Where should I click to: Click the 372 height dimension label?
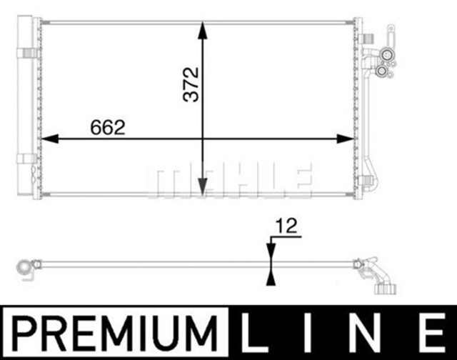coord(191,84)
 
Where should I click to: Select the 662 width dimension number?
coord(108,127)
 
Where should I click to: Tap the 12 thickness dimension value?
coord(286,226)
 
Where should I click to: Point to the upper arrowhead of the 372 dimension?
coord(203,30)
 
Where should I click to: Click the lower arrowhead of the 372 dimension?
coord(203,186)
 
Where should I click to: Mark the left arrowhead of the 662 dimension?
coord(50,139)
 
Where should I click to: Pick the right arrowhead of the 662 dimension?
coord(346,139)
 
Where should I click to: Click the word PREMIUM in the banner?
coord(114,332)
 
